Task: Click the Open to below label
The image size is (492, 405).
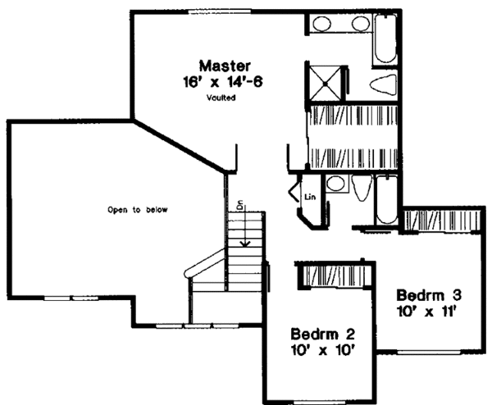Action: tap(137, 210)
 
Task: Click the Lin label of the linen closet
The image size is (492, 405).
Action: tap(310, 197)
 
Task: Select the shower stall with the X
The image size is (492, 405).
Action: tap(322, 80)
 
